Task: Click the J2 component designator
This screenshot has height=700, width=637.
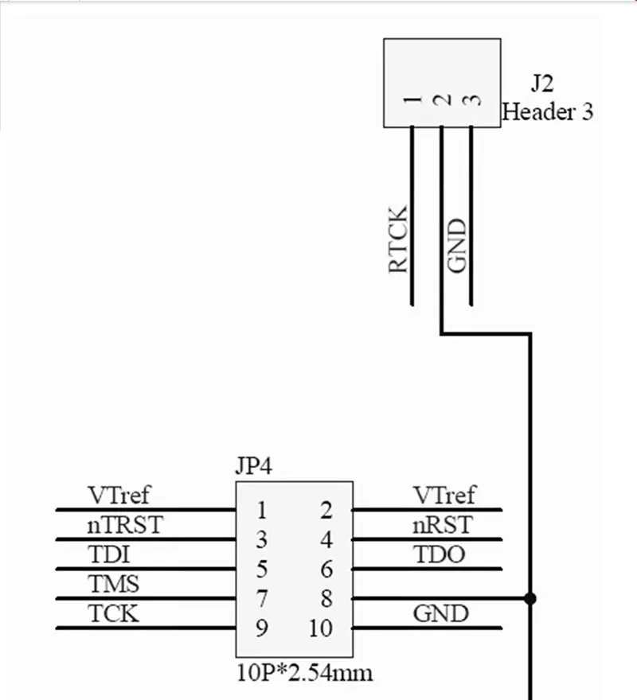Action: (542, 84)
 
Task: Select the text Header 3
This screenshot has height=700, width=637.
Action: (548, 111)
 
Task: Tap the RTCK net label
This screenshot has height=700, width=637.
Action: (398, 239)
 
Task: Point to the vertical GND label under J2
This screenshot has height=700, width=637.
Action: (457, 247)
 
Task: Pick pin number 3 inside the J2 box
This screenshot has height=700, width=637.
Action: (472, 100)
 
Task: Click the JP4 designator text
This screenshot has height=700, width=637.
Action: (254, 465)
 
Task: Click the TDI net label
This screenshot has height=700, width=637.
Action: (109, 554)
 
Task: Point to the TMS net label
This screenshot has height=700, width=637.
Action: (113, 585)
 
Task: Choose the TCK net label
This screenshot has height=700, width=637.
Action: (113, 614)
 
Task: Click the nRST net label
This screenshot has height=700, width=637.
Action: (442, 525)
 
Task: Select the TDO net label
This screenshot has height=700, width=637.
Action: (439, 554)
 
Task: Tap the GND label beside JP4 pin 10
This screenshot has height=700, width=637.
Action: (440, 614)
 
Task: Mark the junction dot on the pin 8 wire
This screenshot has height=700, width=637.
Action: (530, 598)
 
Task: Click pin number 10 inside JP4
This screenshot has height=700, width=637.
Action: (320, 628)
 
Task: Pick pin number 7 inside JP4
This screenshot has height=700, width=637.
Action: (261, 598)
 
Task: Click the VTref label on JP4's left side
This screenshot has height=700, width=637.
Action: (119, 496)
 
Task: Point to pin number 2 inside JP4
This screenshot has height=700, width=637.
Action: (326, 510)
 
